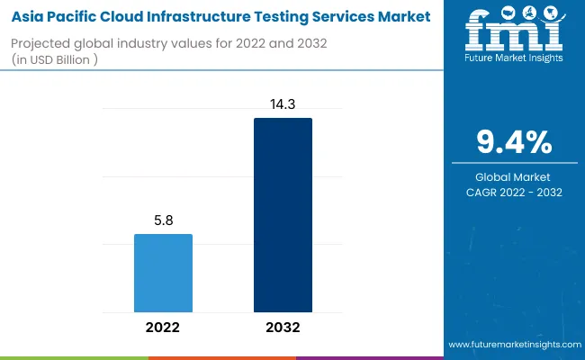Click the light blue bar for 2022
(163, 274)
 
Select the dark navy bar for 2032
(283, 216)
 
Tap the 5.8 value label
(163, 219)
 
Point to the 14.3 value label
(283, 103)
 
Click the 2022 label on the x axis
(163, 328)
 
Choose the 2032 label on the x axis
(283, 328)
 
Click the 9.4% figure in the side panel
(514, 142)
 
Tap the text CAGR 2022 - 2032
(514, 192)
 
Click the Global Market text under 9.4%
(514, 176)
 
